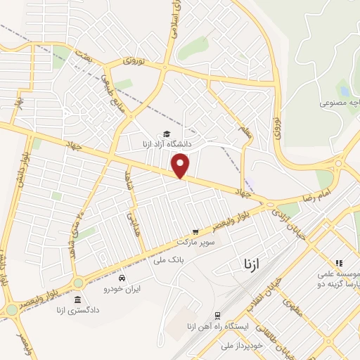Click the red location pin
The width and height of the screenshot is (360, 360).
(181, 165)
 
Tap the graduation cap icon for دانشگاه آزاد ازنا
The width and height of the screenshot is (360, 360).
(167, 134)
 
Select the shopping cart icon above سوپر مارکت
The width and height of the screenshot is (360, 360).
(195, 231)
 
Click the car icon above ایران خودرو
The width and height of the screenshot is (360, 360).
(122, 278)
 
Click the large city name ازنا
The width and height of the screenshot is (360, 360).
(251, 264)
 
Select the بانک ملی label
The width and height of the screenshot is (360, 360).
(167, 260)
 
